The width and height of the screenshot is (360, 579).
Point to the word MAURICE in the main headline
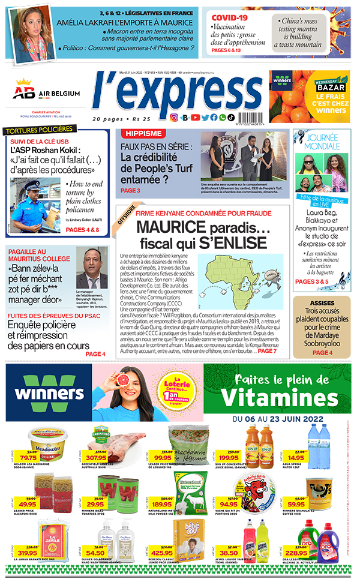pyautogui.click(x=167, y=227)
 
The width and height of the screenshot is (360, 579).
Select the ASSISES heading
pyautogui.click(x=322, y=302)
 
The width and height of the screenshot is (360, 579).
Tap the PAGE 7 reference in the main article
pyautogui.click(x=267, y=350)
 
